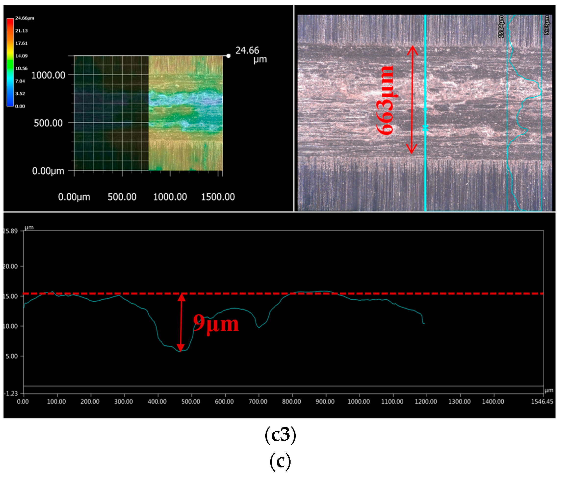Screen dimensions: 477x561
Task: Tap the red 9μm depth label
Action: click(x=216, y=324)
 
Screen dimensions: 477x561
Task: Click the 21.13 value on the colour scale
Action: click(x=21, y=31)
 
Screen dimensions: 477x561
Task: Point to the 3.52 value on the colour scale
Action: click(x=20, y=94)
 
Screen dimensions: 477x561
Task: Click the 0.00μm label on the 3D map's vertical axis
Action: click(x=48, y=171)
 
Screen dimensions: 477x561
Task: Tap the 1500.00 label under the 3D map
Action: click(x=218, y=197)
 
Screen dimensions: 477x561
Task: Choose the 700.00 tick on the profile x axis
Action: click(x=258, y=401)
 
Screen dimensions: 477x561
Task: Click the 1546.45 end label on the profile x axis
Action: click(x=542, y=401)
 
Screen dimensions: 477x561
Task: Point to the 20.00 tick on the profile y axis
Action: click(x=10, y=266)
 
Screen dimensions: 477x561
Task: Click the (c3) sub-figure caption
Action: click(x=280, y=435)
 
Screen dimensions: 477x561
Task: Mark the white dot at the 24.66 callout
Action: click(x=229, y=56)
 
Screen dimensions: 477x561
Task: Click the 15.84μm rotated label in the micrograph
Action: click(x=501, y=26)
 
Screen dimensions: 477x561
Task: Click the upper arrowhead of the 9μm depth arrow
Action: click(x=181, y=298)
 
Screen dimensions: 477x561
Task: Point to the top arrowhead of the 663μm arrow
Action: click(x=413, y=49)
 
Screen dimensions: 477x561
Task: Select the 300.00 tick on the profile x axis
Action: click(x=124, y=401)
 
